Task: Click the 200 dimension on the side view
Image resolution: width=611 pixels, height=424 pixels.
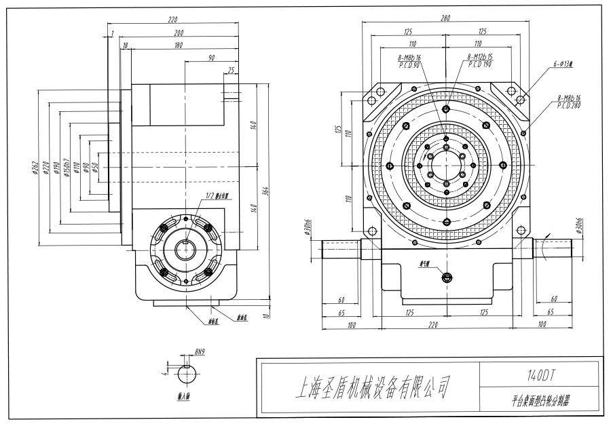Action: pyautogui.click(x=179, y=32)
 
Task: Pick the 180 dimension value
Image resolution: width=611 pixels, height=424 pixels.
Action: pyautogui.click(x=179, y=45)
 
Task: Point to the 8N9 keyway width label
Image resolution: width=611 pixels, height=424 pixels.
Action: pyautogui.click(x=200, y=353)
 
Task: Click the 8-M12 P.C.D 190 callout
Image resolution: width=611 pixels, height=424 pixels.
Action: pyautogui.click(x=479, y=61)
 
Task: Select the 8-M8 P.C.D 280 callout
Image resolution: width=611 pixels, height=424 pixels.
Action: pyautogui.click(x=568, y=102)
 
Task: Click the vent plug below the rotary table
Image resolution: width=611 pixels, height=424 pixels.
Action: pyautogui.click(x=445, y=276)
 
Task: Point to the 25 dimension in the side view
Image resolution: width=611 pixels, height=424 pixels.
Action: pyautogui.click(x=232, y=70)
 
